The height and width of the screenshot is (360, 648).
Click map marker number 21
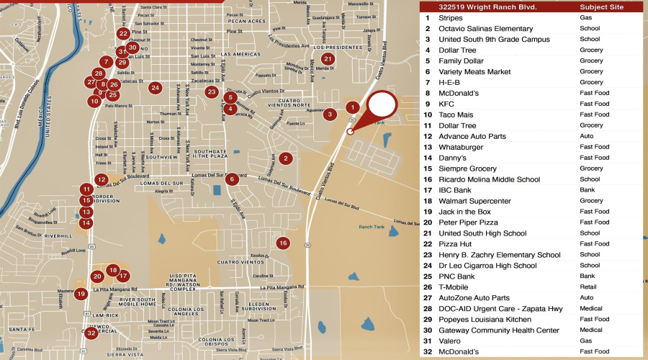[328, 59]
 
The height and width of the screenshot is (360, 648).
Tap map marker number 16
[283, 243]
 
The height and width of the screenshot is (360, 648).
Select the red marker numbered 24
[155, 88]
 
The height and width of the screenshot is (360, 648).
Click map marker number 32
[91, 333]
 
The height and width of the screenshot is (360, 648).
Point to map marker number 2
[286, 158]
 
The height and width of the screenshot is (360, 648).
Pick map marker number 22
[123, 33]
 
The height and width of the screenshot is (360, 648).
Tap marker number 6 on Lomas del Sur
[232, 179]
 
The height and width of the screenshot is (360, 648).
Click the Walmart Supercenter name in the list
[474, 201]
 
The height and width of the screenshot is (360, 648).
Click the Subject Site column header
[601, 7]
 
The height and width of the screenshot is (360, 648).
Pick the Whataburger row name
[461, 147]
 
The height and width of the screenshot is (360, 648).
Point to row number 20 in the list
[428, 222]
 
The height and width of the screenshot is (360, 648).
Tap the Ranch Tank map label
[372, 228]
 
